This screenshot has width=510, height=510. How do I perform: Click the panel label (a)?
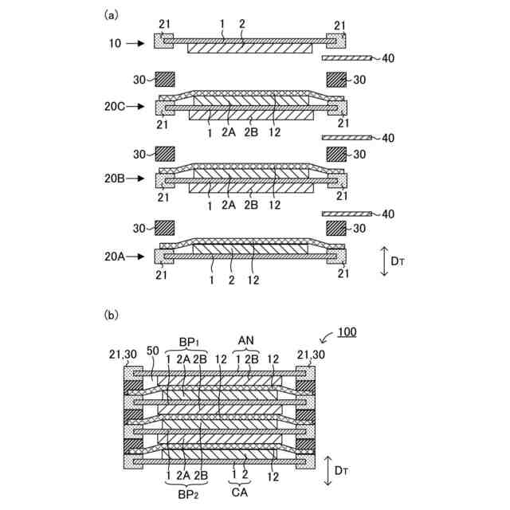112,14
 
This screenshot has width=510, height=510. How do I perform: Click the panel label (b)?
112,314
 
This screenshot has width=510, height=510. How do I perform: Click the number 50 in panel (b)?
153,351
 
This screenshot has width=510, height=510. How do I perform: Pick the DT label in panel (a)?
398,261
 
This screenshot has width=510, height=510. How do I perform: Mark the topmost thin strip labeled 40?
347,58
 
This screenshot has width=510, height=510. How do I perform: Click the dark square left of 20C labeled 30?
164,80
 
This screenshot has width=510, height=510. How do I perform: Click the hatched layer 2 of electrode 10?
249,48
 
